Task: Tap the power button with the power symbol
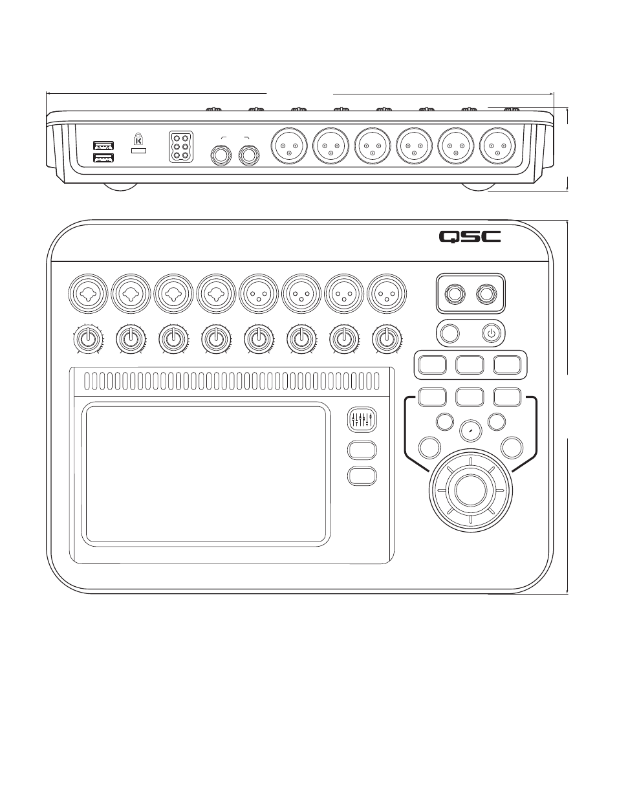(492, 334)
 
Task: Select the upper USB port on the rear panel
(103, 146)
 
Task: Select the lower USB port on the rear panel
(103, 159)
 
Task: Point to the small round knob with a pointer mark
(470, 430)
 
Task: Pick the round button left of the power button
(450, 334)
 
